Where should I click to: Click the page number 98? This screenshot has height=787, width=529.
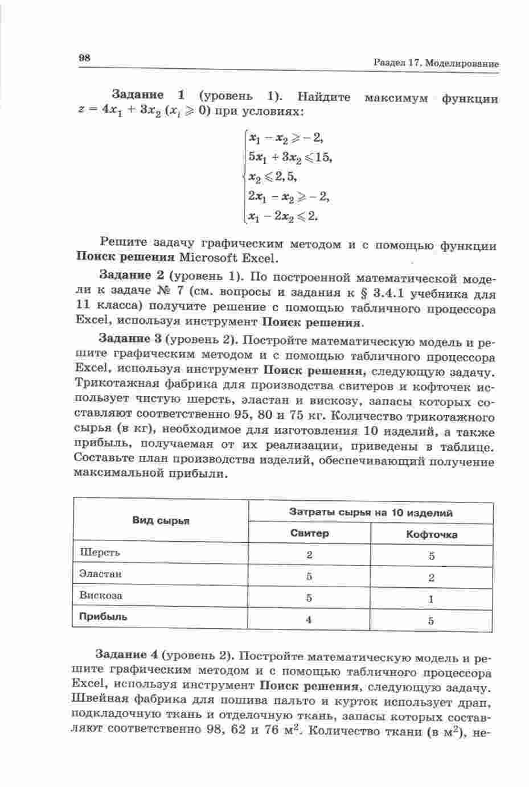(84, 57)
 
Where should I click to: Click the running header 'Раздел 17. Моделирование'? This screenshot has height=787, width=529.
(436, 64)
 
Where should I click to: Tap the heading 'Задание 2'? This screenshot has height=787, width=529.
(133, 275)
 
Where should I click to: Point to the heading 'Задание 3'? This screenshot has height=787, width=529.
(130, 339)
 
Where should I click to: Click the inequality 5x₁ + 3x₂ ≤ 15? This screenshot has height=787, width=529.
(289, 156)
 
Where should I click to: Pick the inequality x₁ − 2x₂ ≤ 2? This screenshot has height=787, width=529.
(282, 216)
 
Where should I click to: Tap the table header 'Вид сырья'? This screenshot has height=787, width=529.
(161, 521)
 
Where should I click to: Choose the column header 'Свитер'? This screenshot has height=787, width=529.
(309, 533)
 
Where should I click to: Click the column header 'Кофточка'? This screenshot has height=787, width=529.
(431, 534)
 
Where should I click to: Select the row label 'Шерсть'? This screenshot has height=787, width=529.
(100, 552)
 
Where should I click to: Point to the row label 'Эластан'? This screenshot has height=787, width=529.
(101, 574)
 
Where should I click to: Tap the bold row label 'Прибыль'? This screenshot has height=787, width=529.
(103, 617)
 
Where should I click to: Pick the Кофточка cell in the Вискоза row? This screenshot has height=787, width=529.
(431, 599)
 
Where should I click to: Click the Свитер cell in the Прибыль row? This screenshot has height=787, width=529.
(309, 620)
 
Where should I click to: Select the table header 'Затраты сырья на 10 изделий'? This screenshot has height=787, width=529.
(371, 513)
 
